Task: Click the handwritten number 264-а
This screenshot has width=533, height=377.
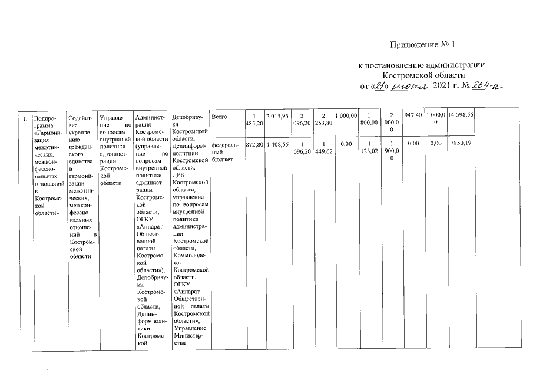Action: coord(488,87)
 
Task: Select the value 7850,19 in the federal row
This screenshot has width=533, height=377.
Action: coord(461,144)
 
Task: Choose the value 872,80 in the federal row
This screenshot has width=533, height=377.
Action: coord(254,144)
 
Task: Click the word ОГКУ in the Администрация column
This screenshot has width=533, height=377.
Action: coord(144,220)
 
